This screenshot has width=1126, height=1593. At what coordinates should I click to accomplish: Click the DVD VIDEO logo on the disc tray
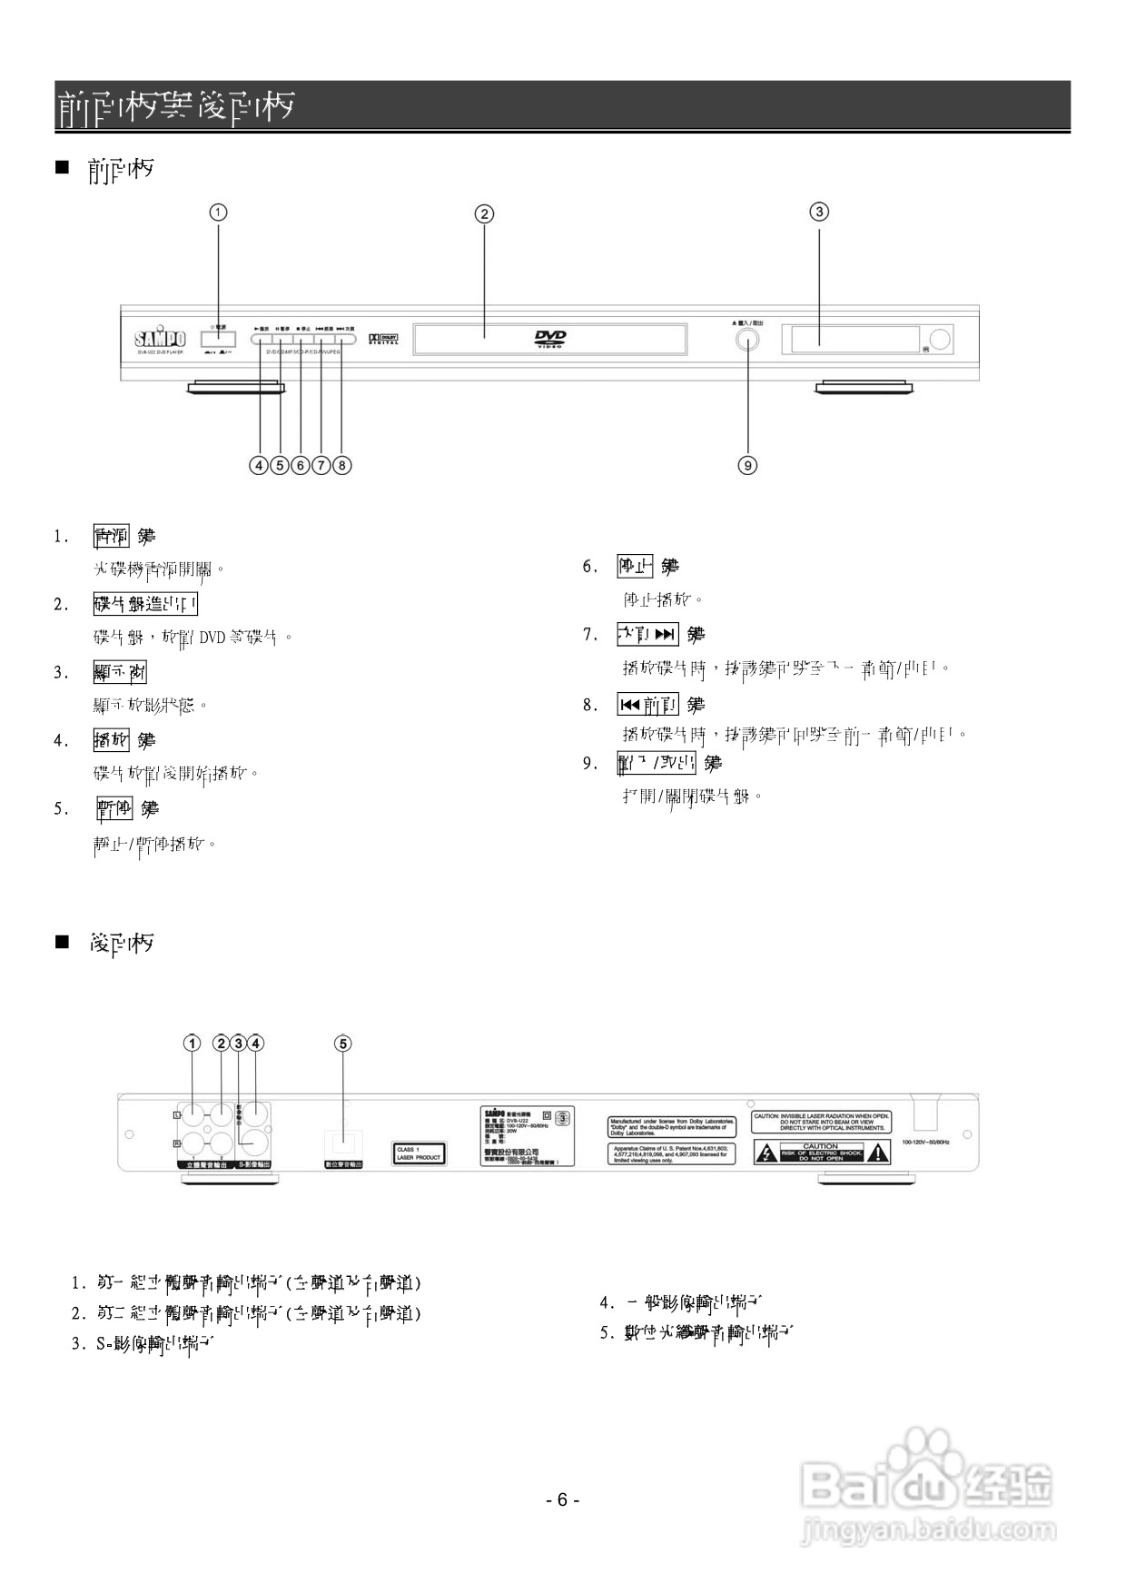550,339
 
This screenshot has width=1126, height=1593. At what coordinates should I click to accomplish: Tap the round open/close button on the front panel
747,340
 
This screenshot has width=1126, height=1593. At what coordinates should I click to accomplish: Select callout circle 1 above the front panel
219,213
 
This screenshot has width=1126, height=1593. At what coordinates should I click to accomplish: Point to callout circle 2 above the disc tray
485,214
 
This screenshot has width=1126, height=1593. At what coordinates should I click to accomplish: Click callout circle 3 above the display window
819,213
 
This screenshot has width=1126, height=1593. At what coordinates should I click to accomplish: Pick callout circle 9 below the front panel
747,465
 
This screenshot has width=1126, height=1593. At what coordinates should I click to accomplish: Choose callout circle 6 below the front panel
301,465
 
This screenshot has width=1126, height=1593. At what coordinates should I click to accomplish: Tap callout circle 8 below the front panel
341,465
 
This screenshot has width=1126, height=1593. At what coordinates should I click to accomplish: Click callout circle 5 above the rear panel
343,1044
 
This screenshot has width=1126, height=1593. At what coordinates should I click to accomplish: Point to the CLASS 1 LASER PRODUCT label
419,1153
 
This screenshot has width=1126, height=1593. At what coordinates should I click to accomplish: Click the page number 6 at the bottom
562,1499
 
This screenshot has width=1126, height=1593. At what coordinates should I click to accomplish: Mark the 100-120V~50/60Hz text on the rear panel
925,1142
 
